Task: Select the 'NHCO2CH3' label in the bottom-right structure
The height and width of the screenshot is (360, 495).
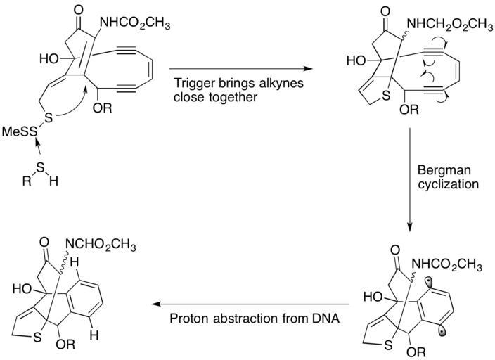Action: (x=447, y=264)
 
